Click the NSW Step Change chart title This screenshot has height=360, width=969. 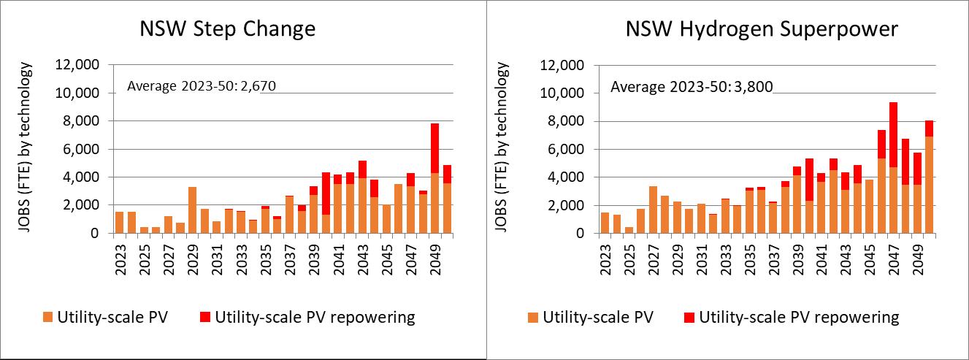click(229, 29)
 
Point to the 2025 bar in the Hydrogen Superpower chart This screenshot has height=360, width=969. click(628, 230)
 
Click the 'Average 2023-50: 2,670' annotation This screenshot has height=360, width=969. click(201, 87)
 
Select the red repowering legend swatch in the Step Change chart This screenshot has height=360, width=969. click(205, 318)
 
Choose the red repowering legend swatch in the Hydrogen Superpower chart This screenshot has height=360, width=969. click(689, 318)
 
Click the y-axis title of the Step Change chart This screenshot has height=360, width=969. click(26, 146)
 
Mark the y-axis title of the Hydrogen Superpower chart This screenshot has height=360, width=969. click(503, 146)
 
